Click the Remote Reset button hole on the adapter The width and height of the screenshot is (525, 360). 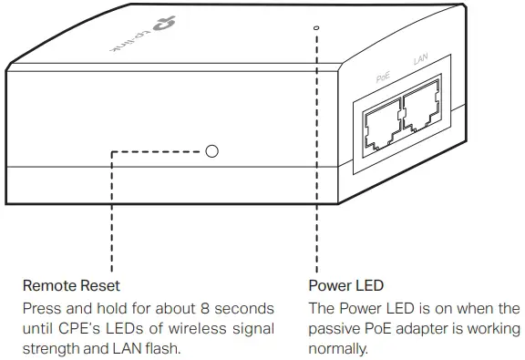211,149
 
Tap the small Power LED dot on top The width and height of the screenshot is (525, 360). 316,28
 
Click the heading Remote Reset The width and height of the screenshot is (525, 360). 71,286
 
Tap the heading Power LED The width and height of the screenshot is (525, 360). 345,286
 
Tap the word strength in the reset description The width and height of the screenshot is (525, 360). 51,348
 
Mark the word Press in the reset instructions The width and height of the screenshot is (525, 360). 41,308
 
